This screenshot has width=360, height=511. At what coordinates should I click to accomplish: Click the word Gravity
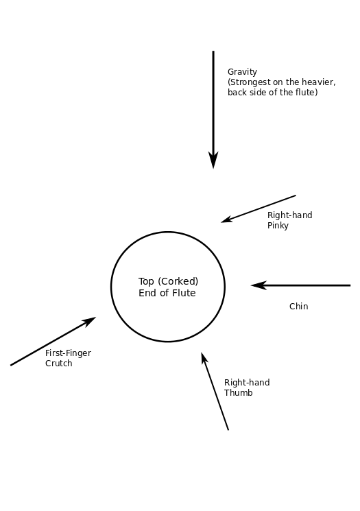click(x=242, y=72)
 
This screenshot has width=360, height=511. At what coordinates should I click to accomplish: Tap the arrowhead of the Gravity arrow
click(x=213, y=160)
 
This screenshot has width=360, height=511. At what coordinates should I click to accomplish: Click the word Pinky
click(x=278, y=226)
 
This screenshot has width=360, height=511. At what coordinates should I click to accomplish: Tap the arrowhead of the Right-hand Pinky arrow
click(x=227, y=219)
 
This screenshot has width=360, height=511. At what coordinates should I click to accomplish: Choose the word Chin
click(x=298, y=307)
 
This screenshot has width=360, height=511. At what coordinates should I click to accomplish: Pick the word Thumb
click(x=238, y=393)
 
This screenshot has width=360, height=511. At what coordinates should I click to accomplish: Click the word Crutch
click(x=59, y=364)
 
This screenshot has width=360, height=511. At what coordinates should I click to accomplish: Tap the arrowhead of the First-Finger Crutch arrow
click(x=88, y=322)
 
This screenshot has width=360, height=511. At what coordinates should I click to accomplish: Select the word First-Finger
click(x=68, y=353)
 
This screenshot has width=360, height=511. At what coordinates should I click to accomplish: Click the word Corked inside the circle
click(x=178, y=281)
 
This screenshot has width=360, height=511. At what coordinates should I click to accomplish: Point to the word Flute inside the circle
click(x=184, y=293)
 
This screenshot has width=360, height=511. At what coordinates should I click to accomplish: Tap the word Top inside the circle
click(x=146, y=282)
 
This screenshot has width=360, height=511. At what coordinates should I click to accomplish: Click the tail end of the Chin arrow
click(x=350, y=285)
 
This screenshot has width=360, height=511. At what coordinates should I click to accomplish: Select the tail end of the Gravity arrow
click(x=213, y=51)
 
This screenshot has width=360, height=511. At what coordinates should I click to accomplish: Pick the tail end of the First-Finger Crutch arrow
click(x=11, y=366)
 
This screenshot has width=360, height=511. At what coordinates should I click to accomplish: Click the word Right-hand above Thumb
click(x=247, y=383)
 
